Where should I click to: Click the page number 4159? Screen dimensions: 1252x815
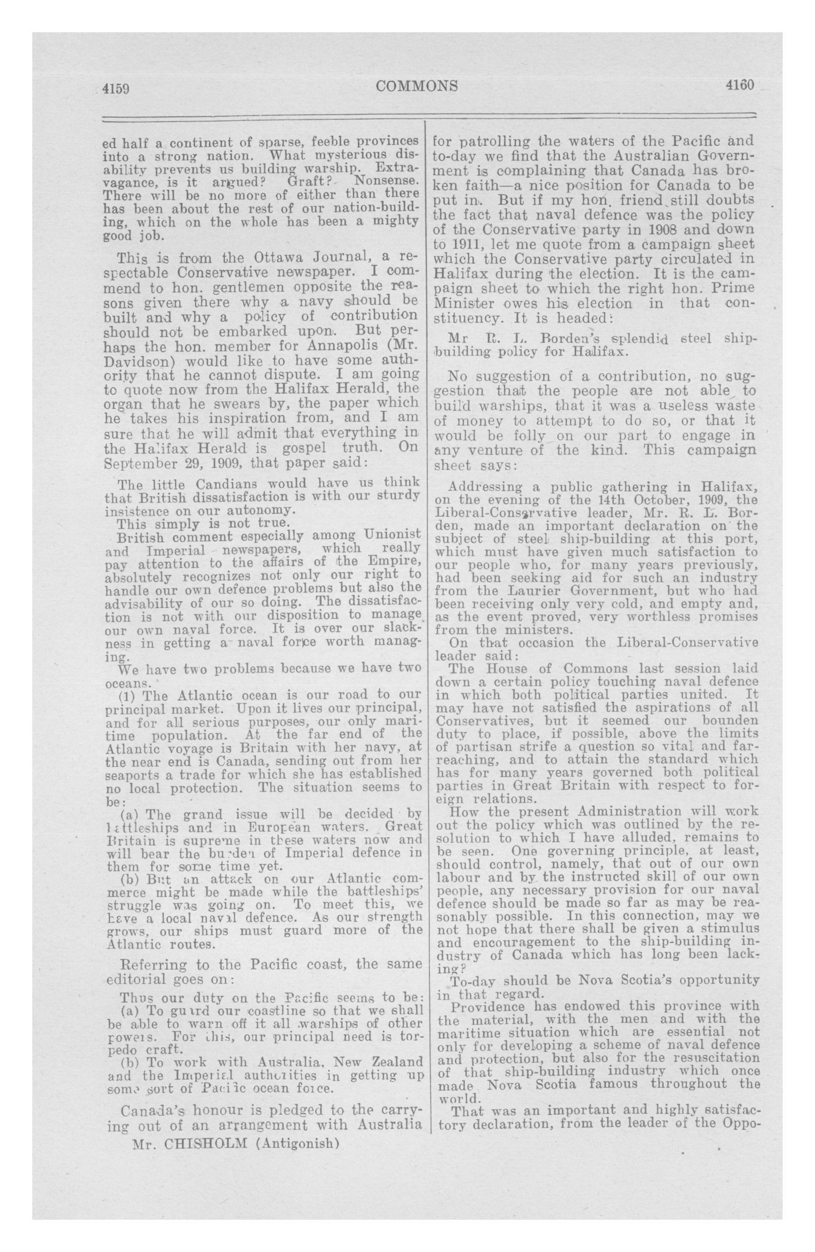116,88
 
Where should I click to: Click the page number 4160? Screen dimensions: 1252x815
739,85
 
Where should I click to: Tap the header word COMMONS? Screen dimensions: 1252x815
417,86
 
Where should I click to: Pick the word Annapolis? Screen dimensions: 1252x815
339,347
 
